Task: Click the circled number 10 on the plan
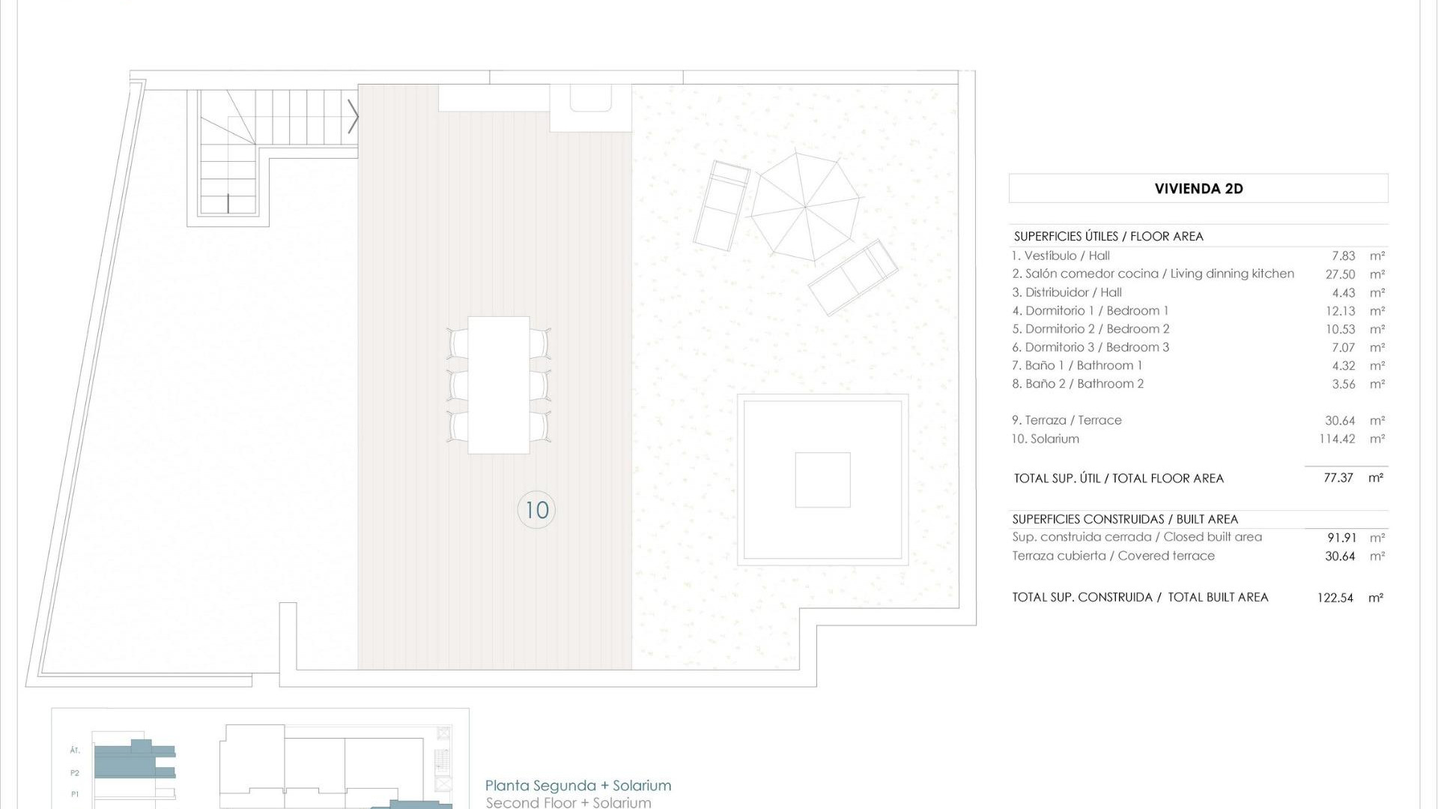pos(536,510)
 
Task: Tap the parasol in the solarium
pos(805,206)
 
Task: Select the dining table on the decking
pos(499,385)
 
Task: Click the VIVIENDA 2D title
pos(1198,189)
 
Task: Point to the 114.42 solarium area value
pos(1337,439)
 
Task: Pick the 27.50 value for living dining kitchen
pos(1340,274)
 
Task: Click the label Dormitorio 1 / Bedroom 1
pos(1090,311)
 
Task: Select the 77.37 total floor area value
pos(1338,478)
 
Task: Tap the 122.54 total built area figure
pos(1335,598)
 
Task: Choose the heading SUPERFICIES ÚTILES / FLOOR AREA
pos(1108,237)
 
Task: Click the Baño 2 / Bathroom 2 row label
pos(1078,384)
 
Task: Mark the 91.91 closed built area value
pos(1340,538)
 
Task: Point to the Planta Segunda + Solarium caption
pos(578,786)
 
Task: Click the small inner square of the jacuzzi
pos(822,480)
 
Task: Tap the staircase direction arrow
pos(354,118)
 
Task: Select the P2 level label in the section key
pos(75,773)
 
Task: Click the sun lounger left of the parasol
pos(721,205)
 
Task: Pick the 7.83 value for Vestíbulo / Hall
pos(1344,256)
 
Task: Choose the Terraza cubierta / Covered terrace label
pos(1113,556)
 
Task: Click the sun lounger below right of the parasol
pos(853,277)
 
